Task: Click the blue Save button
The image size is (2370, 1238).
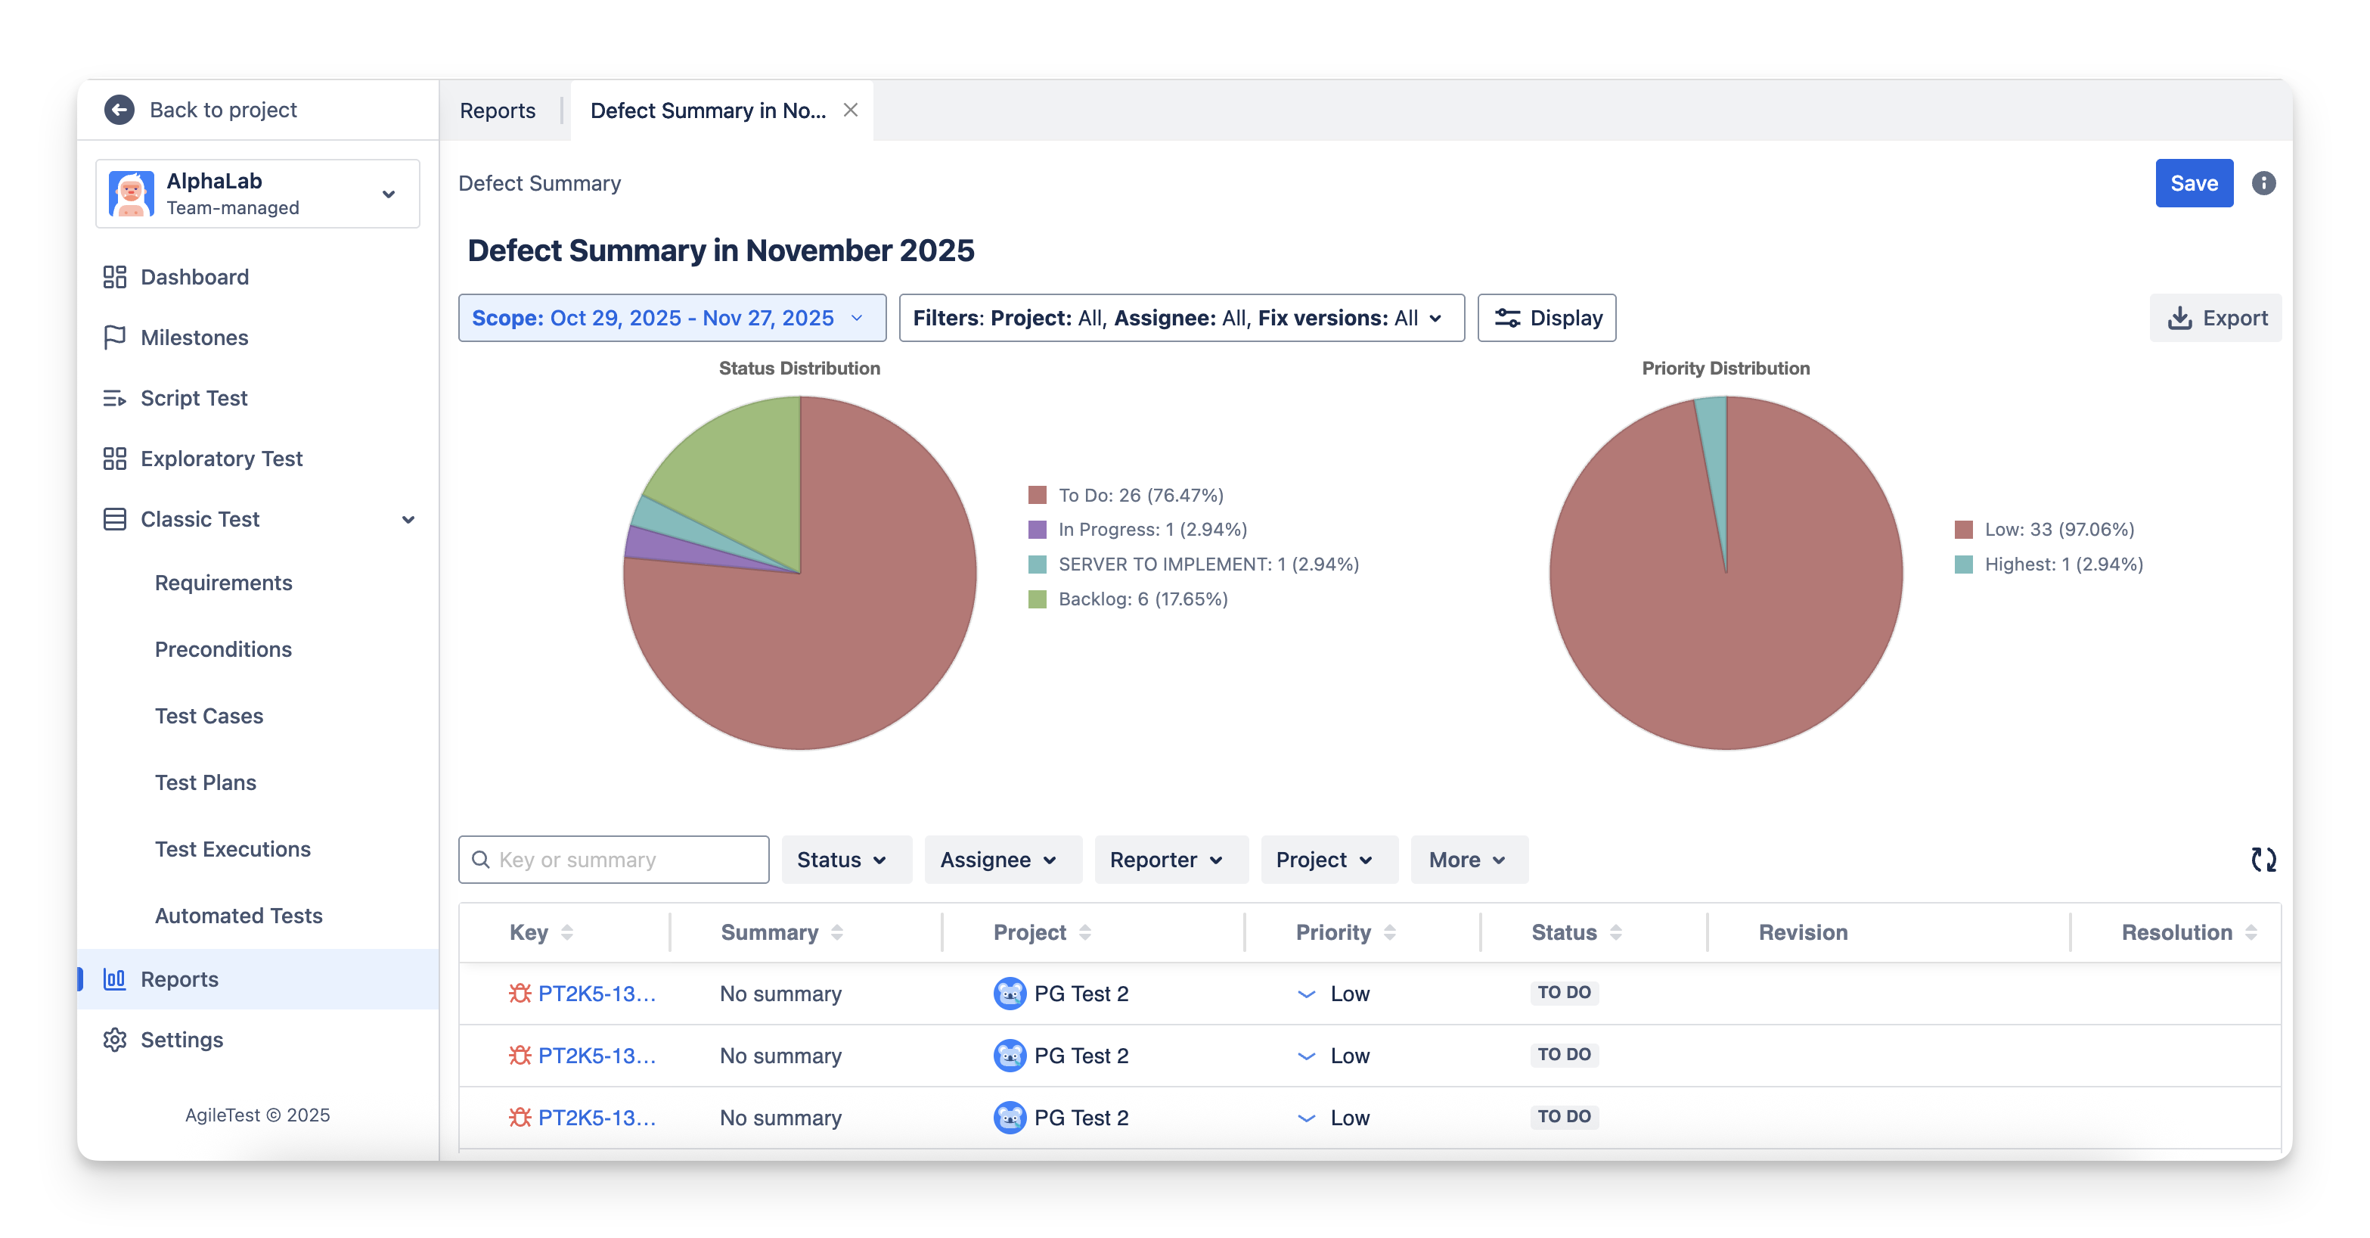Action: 2193,183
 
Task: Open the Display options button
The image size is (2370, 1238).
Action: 1546,318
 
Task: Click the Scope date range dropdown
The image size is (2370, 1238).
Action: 672,318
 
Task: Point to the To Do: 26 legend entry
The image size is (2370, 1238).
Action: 1140,495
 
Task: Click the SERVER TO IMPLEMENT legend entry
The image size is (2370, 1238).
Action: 1207,565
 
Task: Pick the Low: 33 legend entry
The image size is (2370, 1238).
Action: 2058,529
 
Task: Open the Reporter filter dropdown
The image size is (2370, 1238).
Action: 1165,860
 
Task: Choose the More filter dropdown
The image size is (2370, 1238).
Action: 1466,860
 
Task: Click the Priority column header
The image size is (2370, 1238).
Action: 1333,932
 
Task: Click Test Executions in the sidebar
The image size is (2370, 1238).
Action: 233,848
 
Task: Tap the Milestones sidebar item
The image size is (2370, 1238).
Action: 194,337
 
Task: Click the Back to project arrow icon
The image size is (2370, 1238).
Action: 119,110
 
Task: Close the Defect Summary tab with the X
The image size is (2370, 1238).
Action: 851,110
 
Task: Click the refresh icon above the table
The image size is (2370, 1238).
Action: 2263,860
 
